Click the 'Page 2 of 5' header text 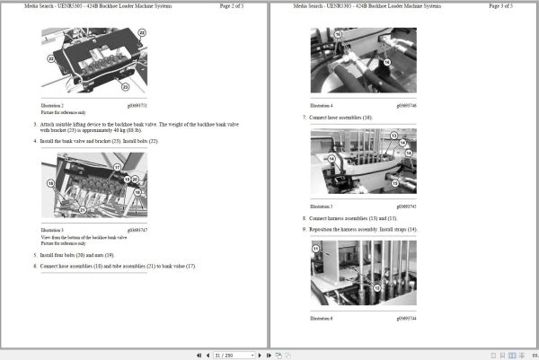237,6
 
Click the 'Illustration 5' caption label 322,206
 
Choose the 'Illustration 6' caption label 322,318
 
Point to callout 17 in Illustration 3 116,168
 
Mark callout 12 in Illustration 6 376,287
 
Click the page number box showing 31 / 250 225,355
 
